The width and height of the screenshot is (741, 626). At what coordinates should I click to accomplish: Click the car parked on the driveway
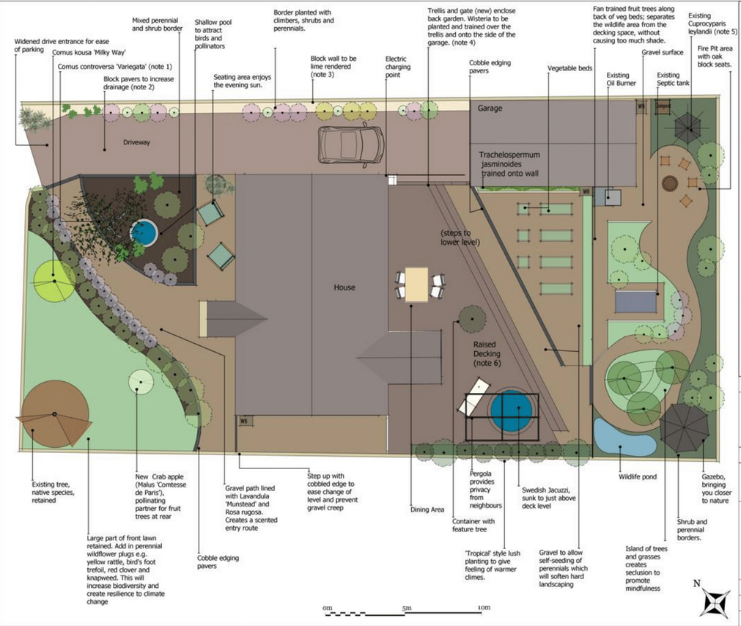click(351, 144)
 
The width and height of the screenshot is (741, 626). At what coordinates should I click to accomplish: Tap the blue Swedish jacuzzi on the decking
click(511, 410)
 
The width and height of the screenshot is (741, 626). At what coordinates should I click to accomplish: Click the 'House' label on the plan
click(344, 287)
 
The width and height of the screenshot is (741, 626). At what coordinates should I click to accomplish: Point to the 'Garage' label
click(490, 108)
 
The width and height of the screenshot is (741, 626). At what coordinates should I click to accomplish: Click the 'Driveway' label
click(136, 142)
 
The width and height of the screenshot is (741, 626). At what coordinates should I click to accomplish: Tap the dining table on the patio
click(416, 284)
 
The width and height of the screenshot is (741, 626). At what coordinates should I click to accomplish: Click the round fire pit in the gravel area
click(670, 183)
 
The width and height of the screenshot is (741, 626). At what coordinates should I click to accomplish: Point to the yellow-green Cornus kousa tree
click(54, 281)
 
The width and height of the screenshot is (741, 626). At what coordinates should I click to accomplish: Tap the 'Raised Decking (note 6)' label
click(487, 354)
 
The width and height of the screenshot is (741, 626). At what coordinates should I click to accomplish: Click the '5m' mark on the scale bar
click(407, 608)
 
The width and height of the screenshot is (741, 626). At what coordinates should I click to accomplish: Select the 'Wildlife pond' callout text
click(638, 476)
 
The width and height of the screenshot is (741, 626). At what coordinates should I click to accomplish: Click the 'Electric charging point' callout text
click(397, 67)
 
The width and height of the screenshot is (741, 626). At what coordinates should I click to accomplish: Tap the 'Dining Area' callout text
click(427, 509)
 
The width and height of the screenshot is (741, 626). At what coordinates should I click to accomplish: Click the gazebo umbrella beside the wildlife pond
click(684, 428)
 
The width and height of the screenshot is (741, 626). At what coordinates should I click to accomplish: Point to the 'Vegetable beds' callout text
click(569, 68)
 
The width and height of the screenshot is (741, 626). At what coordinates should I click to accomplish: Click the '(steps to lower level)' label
click(460, 237)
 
